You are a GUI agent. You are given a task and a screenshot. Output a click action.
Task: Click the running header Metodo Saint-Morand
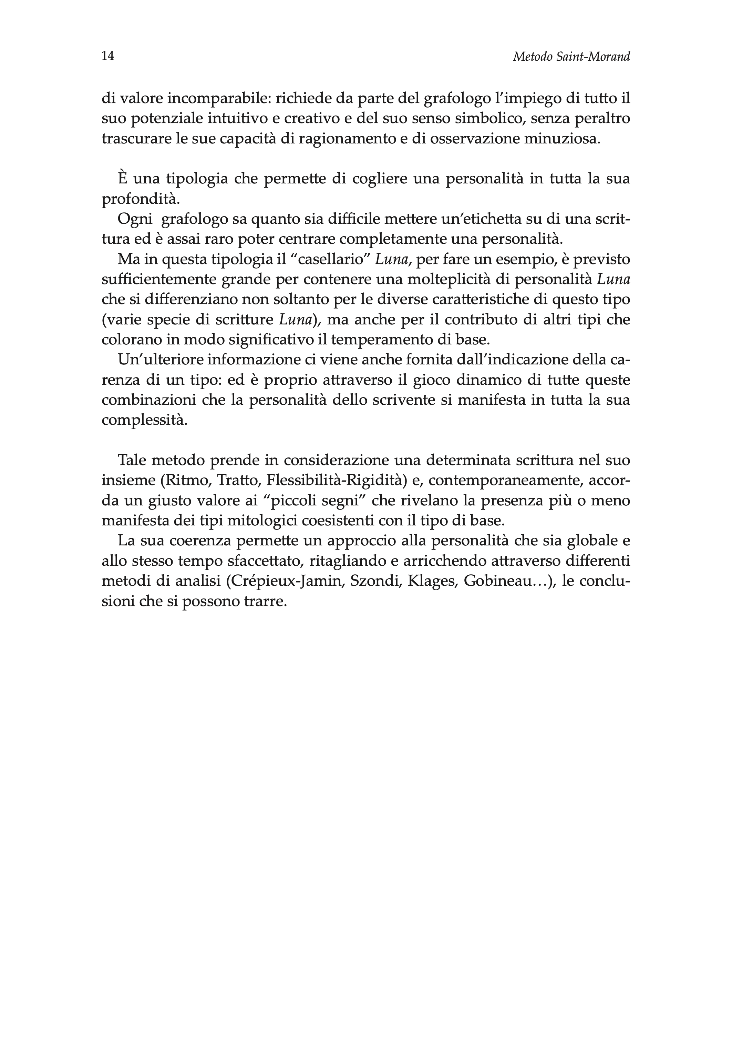571,57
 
